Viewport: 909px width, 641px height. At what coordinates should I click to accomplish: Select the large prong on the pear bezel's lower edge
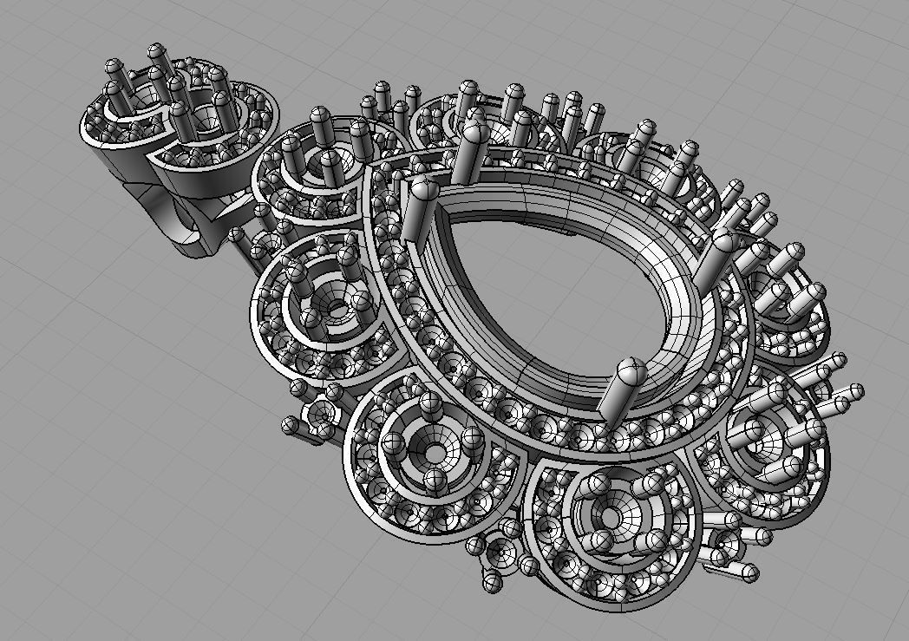623,387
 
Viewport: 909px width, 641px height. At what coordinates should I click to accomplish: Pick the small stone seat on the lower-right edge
724,550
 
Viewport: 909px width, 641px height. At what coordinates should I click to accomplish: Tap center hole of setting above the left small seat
335,308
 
